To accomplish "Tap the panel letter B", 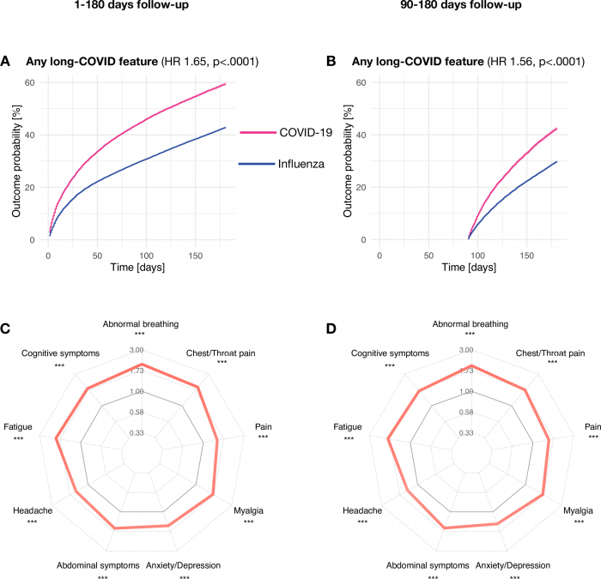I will (x=332, y=62).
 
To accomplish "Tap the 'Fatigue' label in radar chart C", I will (x=18, y=426).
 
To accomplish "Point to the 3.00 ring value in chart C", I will (x=135, y=350).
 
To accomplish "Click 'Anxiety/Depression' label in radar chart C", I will (x=184, y=565).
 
